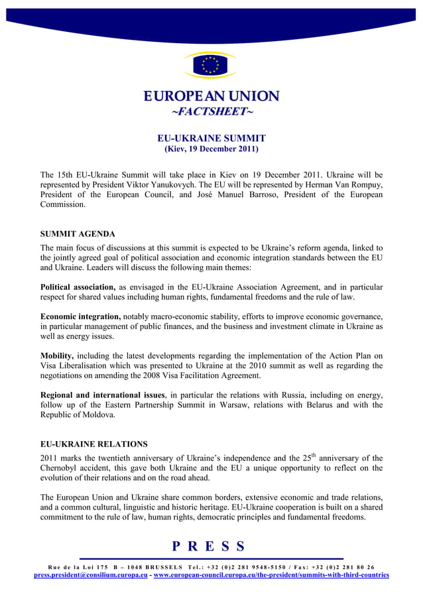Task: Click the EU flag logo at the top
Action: [210, 65]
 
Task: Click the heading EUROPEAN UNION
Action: [211, 96]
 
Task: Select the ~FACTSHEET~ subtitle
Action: [211, 111]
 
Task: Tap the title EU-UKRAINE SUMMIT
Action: [211, 138]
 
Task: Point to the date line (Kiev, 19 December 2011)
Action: [211, 149]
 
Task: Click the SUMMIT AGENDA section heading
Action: [78, 234]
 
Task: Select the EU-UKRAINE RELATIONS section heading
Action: [93, 444]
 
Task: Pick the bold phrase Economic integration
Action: [80, 316]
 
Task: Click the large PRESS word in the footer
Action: [209, 547]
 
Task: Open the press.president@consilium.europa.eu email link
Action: [91, 575]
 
